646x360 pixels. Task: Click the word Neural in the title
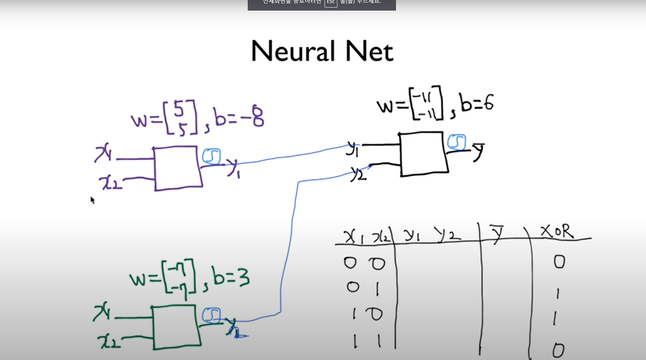click(x=293, y=51)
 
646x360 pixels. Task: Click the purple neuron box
click(x=177, y=168)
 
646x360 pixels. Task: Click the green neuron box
click(x=176, y=327)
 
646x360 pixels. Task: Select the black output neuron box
click(x=423, y=154)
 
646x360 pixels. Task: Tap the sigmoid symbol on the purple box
click(x=211, y=157)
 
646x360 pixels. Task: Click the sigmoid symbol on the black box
click(x=457, y=142)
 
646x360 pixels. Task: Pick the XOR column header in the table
click(x=557, y=231)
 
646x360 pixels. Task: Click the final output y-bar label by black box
click(x=479, y=151)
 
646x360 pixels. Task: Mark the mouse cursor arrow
click(x=92, y=200)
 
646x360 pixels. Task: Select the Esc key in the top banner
click(x=331, y=2)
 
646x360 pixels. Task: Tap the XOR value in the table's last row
click(x=558, y=350)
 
